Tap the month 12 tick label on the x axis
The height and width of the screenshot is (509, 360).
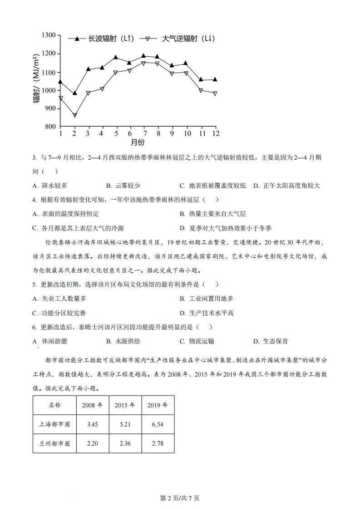[216, 133]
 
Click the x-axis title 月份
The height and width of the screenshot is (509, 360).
[138, 142]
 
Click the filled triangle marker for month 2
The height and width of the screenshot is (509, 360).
[75, 93]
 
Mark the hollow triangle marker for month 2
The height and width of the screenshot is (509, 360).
[75, 115]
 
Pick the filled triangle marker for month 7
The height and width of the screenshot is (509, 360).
[143, 56]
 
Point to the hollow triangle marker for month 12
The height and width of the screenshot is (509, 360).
[215, 93]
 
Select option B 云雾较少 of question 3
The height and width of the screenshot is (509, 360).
[123, 186]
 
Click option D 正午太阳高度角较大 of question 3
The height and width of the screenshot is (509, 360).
[287, 186]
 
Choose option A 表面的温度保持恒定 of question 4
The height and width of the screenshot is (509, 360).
[66, 214]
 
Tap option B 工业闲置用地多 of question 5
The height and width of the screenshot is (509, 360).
[206, 299]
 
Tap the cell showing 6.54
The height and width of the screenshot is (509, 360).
[158, 424]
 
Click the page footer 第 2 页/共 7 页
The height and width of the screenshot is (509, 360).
[180, 498]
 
